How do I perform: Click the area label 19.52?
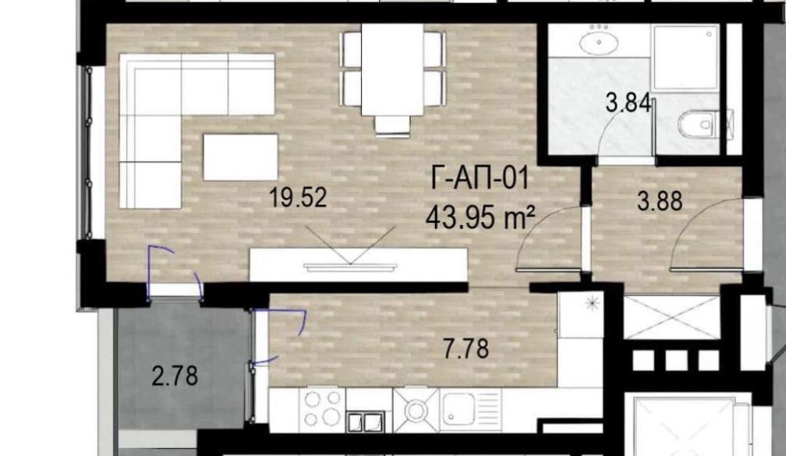coord(298,197)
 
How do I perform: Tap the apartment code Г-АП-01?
coord(480,179)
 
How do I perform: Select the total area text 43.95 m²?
coord(480,218)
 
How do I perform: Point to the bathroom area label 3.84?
coord(628,103)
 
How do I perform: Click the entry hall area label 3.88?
coord(660,201)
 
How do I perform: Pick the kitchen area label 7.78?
coord(466,348)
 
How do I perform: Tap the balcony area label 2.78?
coord(175,376)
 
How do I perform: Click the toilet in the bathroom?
coord(699,123)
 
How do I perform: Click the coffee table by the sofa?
coord(240,157)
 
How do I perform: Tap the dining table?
coord(392,69)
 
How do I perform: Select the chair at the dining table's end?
coord(392,125)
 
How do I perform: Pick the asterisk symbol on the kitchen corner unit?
coord(593,304)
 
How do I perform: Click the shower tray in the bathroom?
coord(685,56)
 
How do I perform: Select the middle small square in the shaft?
coord(675,360)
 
